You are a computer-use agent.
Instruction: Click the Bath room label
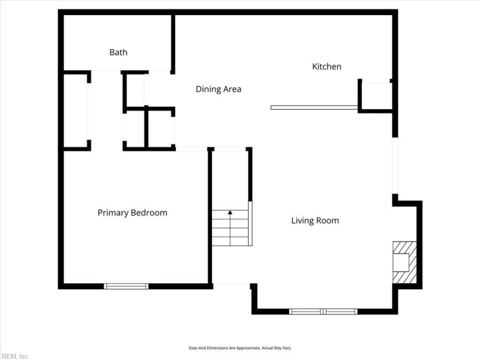point(118,52)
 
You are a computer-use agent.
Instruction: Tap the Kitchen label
point(326,67)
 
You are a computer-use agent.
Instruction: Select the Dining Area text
point(218,89)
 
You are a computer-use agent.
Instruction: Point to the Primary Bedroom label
point(132,213)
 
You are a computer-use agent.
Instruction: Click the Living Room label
point(315,221)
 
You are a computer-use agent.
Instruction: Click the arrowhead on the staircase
point(230,212)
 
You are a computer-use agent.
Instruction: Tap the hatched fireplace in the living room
point(404,262)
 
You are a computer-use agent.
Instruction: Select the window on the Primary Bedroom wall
point(126,286)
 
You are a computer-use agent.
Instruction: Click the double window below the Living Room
point(323,311)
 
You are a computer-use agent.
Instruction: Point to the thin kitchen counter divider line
point(314,107)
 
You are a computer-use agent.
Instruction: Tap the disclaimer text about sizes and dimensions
point(240,348)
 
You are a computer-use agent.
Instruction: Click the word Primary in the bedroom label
point(113,213)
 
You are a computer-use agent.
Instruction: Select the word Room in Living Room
point(329,221)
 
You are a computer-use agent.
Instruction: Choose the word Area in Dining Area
point(232,89)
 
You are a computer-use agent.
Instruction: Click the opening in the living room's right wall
point(395,166)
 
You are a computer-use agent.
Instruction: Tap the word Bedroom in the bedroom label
point(149,213)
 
